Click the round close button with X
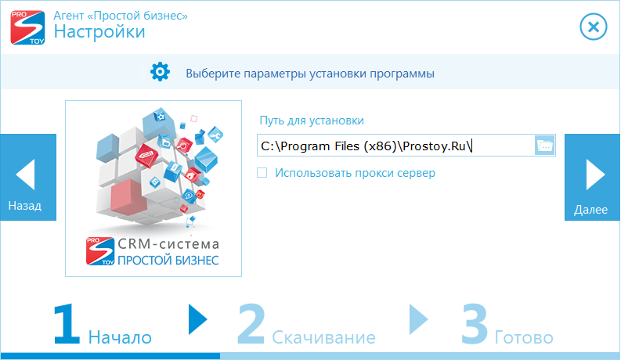594,27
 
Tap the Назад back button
28,177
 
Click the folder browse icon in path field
545,146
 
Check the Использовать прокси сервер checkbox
262,173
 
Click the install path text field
395,146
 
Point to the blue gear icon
161,72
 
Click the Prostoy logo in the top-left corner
27,27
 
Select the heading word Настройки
99,31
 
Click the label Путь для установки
312,121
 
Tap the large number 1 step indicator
67,324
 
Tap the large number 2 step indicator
251,324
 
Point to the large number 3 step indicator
475,324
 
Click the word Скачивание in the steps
323,337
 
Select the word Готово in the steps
524,337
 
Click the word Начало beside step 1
120,337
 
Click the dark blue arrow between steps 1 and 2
198,320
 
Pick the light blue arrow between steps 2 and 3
418,320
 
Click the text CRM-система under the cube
168,244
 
